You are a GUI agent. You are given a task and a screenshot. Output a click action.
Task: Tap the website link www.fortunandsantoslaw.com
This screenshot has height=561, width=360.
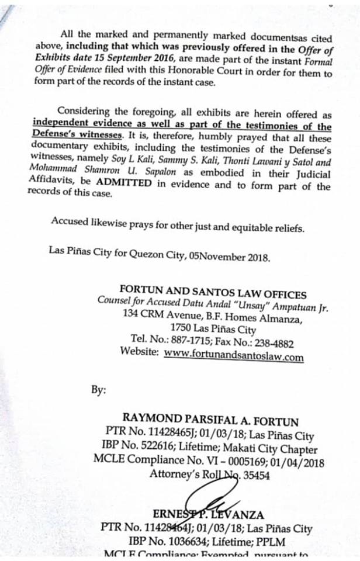(234, 355)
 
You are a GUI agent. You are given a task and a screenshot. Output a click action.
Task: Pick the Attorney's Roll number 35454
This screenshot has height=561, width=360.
(253, 475)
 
